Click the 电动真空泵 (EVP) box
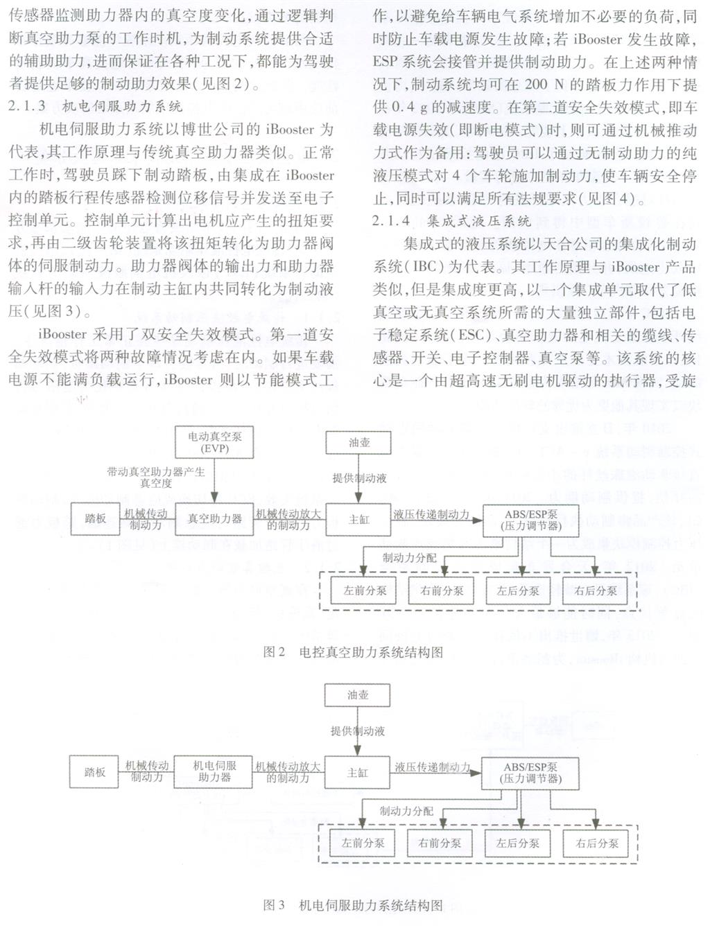tap(215, 442)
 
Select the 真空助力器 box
tap(215, 518)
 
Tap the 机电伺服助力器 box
tap(215, 771)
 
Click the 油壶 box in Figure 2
tap(359, 442)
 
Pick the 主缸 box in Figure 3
tap(358, 772)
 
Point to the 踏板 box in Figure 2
tap(96, 518)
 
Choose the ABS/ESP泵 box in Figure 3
tap(530, 772)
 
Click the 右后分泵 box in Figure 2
tap(596, 591)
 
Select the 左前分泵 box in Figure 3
tap(363, 843)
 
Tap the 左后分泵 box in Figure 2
tap(518, 591)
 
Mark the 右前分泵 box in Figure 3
tap(440, 843)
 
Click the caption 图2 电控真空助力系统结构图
tap(353, 651)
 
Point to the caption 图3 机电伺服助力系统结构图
tap(353, 905)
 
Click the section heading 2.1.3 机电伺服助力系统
tap(97, 106)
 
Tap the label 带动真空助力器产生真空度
tap(156, 477)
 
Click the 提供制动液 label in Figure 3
tap(358, 730)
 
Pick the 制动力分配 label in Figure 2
tap(410, 557)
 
